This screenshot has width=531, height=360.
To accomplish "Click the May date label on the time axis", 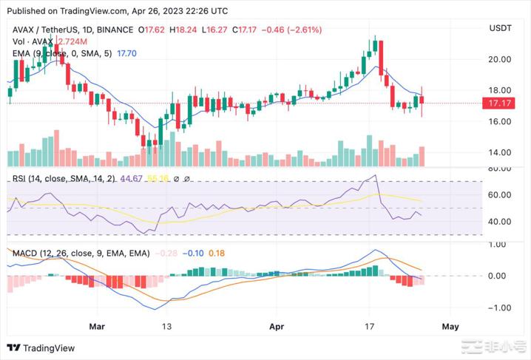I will [x=450, y=325].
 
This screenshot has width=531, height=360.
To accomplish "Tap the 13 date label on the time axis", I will [x=168, y=325].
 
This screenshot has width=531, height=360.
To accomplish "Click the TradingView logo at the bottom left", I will [x=35, y=348].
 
